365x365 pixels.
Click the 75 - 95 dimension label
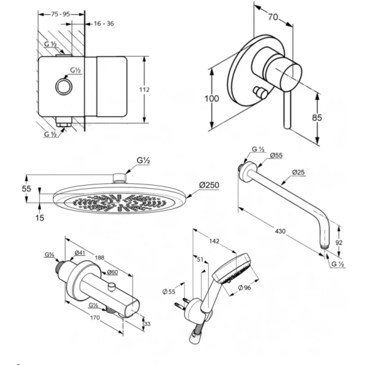click(x=60, y=14)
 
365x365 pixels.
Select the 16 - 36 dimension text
click(x=104, y=24)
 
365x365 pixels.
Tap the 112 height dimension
click(x=145, y=89)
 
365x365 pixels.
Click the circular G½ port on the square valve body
click(x=64, y=87)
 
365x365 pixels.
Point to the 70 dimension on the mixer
click(x=273, y=17)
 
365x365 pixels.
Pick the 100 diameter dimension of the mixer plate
click(x=211, y=99)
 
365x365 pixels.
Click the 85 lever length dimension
click(x=317, y=118)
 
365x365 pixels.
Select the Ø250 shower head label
click(x=209, y=185)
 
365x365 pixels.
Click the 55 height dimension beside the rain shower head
click(x=26, y=188)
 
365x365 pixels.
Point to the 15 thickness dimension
click(x=40, y=218)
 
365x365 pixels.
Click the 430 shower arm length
click(x=280, y=231)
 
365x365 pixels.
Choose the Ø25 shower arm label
click(x=298, y=172)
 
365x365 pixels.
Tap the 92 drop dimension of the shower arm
click(x=339, y=242)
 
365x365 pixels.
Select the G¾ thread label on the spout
click(x=49, y=255)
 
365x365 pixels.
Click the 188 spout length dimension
click(x=100, y=258)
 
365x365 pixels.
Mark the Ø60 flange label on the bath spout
click(x=112, y=272)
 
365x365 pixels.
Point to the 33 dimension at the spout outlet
click(x=147, y=324)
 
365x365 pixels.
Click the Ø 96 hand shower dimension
click(x=244, y=288)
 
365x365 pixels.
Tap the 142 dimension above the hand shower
click(x=214, y=241)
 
